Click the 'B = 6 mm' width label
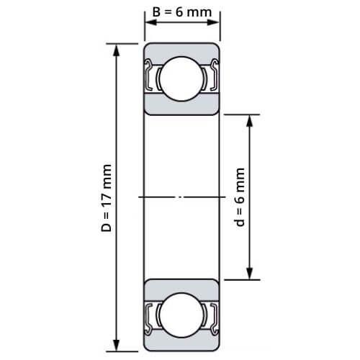pyautogui.click(x=182, y=12)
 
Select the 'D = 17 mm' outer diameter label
pyautogui.click(x=107, y=198)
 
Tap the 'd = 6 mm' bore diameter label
pyautogui.click(x=239, y=197)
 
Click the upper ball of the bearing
pyautogui.click(x=181, y=78)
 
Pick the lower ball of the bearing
pyautogui.click(x=181, y=315)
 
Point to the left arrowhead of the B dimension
pyautogui.click(x=151, y=22)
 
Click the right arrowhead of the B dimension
pyautogui.click(x=213, y=22)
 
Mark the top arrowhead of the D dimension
pyautogui.click(x=117, y=50)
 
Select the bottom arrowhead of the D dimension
pyautogui.click(x=117, y=346)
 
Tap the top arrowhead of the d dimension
pyautogui.click(x=250, y=121)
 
